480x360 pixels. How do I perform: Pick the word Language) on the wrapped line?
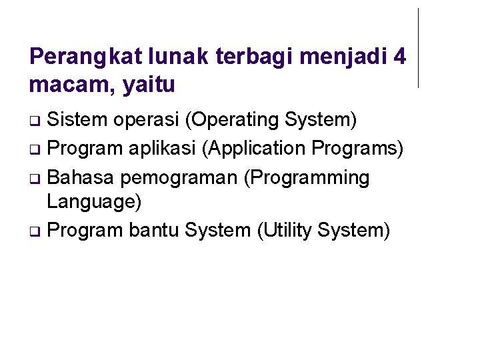pyautogui.click(x=94, y=201)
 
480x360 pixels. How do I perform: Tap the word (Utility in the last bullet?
pyautogui.click(x=284, y=231)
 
